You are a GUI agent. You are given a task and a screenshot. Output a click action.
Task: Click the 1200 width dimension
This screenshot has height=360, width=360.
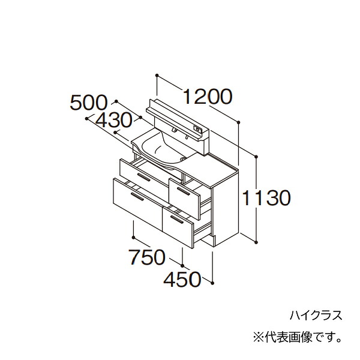click(x=208, y=97)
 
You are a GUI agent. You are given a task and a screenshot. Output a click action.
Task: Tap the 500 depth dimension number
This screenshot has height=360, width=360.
click(x=88, y=103)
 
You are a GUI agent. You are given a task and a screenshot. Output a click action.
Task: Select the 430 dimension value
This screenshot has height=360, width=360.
click(x=114, y=121)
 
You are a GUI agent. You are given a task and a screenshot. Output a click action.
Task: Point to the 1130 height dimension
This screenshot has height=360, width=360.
click(x=266, y=198)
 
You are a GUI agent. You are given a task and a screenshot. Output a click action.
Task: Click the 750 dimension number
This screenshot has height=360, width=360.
click(x=147, y=257)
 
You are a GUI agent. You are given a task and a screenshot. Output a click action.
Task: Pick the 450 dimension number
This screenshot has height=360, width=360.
click(x=182, y=280)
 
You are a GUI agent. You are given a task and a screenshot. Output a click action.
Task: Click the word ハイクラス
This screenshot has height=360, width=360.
click(x=316, y=315)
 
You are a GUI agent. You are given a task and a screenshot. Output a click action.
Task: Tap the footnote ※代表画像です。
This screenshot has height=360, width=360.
click(x=298, y=338)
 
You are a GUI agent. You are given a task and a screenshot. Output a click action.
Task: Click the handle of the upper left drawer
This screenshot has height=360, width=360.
click(x=144, y=177)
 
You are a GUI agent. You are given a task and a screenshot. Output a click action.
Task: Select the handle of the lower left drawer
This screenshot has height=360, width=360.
click(x=137, y=197)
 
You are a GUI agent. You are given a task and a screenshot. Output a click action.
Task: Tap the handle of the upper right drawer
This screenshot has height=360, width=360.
click(x=184, y=191)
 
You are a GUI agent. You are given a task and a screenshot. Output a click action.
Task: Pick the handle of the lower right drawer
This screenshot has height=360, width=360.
click(x=177, y=220)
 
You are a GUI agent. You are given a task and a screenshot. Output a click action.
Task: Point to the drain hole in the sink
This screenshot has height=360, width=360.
click(x=183, y=158)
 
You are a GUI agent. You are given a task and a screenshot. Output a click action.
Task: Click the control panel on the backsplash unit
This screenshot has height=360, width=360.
click(x=198, y=129)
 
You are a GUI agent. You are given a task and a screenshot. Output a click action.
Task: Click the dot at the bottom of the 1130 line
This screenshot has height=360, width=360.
click(x=256, y=242)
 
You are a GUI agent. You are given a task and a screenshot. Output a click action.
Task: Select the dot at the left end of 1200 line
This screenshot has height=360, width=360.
click(x=157, y=76)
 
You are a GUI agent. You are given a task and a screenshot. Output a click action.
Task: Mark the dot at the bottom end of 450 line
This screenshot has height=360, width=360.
click(x=212, y=283)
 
